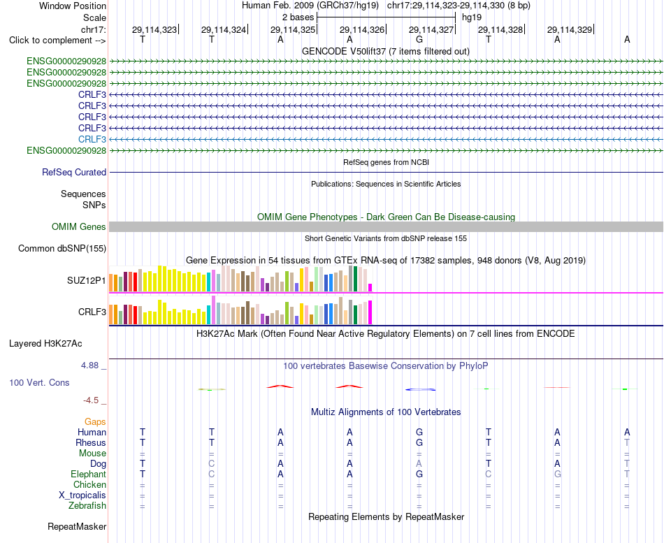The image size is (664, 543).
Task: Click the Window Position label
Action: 73,6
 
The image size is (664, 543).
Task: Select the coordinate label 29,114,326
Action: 361,29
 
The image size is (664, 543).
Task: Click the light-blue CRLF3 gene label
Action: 92,139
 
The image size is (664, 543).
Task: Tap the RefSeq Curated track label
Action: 74,173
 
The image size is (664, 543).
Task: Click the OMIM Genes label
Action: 79,226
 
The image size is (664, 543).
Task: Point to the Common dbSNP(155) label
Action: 62,249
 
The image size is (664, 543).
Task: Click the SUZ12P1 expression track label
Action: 87,280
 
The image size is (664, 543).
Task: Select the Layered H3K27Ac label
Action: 45,344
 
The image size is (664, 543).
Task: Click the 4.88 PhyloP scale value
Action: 89,365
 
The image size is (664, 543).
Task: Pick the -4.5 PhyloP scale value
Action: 91,400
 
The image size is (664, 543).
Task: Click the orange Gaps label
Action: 95,422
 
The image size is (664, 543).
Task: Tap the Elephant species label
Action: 89,475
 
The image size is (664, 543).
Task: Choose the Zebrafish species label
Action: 87,506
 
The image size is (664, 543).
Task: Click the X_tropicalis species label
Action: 82,495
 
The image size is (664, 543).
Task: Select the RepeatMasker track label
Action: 77,527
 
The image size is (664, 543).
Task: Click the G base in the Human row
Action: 419,432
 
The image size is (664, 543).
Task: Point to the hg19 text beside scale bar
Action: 472,17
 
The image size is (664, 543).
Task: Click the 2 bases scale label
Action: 298,17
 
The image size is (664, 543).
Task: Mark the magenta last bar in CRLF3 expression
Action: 370,312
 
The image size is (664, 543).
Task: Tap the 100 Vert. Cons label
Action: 39,383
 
